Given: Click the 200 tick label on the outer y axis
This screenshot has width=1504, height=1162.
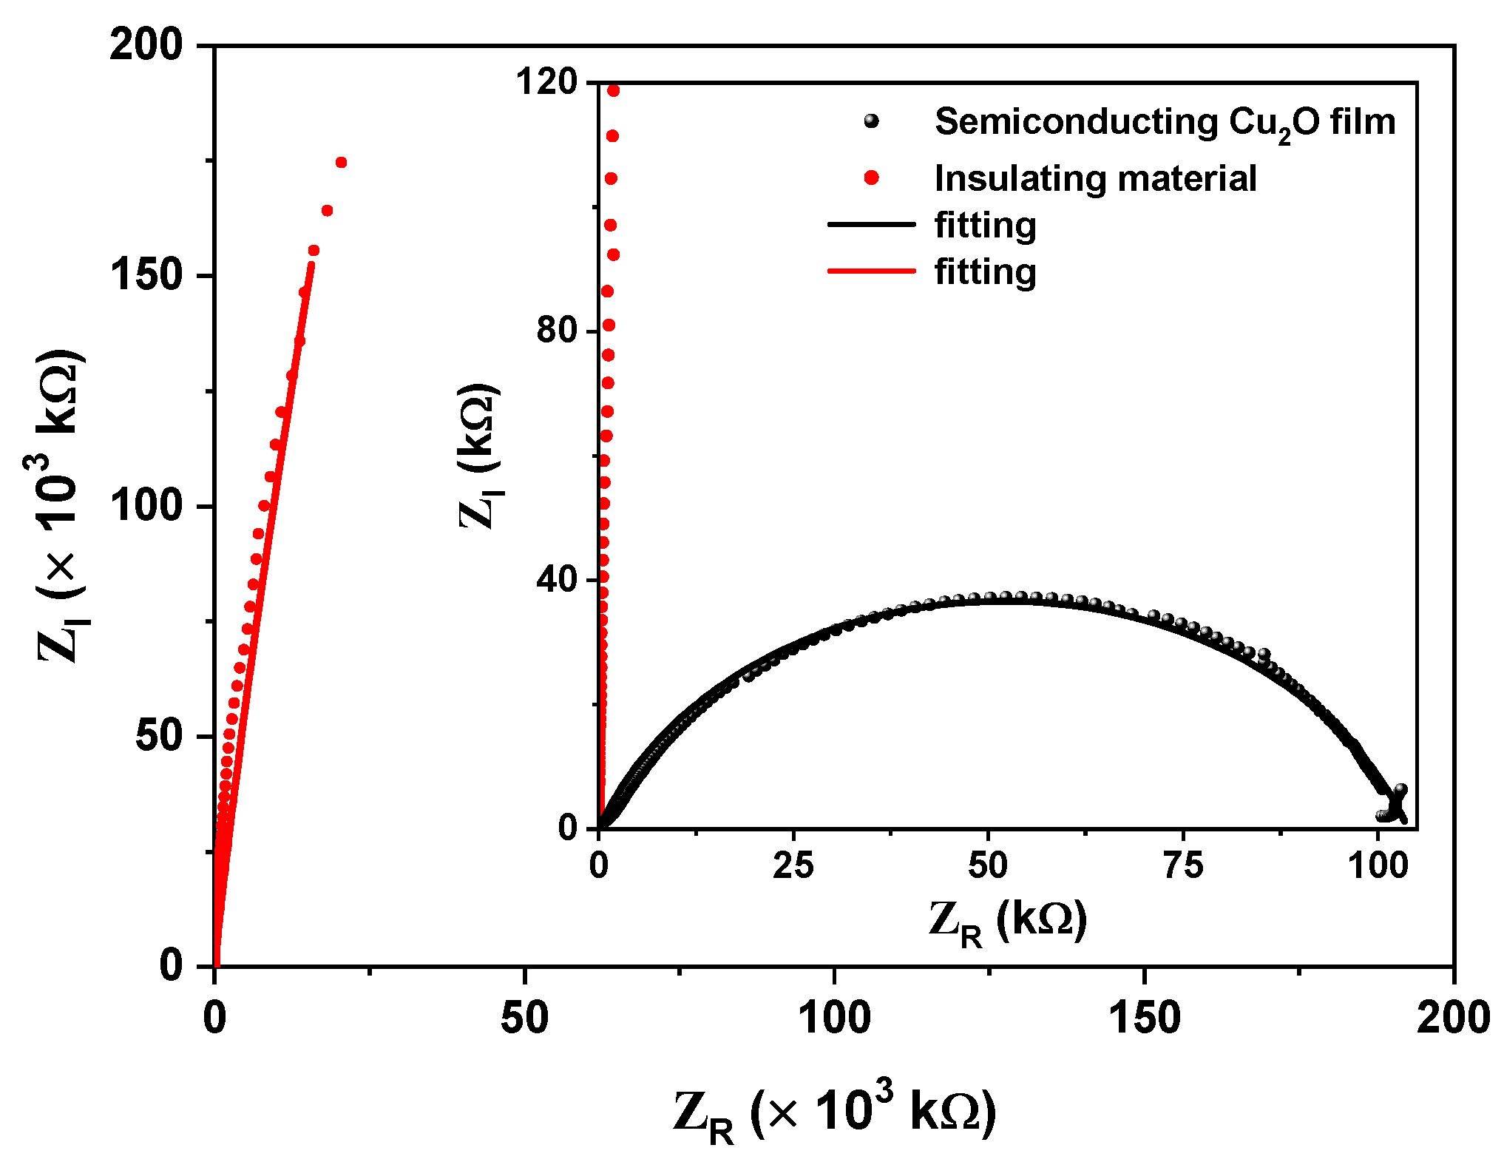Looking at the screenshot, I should [x=146, y=46].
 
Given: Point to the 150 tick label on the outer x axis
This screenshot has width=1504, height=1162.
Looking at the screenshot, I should [x=1144, y=1019].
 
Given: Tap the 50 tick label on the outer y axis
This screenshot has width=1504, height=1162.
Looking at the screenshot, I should [x=158, y=736].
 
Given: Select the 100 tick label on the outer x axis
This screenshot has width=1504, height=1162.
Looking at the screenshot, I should [x=834, y=1019].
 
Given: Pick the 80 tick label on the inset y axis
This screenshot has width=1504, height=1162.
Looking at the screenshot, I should [x=557, y=330].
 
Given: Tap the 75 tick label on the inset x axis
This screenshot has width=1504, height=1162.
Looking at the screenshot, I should [x=1183, y=865].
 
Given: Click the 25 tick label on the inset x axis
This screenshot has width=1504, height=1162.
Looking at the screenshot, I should [x=793, y=865].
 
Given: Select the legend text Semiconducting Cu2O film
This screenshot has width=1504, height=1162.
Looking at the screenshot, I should [x=1165, y=123].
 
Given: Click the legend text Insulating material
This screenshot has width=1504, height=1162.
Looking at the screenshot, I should [x=1095, y=178].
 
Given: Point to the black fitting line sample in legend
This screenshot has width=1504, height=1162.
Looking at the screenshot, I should [x=871, y=225].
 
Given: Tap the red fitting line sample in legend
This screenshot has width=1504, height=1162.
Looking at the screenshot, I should [x=871, y=271].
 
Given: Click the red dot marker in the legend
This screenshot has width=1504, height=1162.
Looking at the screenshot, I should [x=872, y=178].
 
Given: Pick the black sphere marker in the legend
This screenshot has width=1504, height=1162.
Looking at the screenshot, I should [x=872, y=121].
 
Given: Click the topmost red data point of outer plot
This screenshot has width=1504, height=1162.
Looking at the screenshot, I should [x=341, y=163].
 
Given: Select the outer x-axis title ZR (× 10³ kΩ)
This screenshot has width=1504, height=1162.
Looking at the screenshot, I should [x=834, y=1113].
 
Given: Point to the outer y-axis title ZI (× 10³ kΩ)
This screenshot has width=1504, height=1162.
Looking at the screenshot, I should [x=61, y=507].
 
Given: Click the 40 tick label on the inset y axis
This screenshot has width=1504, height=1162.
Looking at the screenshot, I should [x=557, y=579].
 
